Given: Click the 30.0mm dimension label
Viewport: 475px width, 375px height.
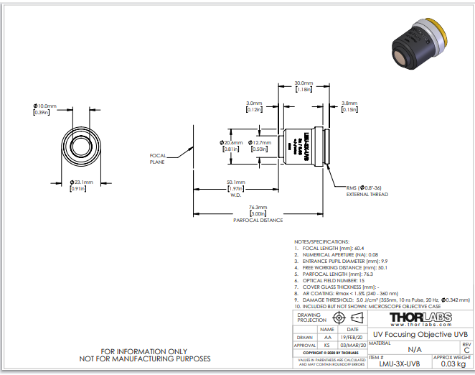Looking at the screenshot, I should pos(304,83).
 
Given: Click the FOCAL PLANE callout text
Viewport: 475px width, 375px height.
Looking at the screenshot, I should pos(158,159).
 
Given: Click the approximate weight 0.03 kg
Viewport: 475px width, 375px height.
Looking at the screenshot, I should pos(452,364).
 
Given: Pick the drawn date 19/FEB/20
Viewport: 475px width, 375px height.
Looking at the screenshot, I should pos(349,336).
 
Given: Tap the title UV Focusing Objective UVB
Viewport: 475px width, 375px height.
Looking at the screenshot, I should pos(420,334).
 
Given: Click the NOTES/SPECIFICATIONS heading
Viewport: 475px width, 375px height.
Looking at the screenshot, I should pos(322,241).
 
